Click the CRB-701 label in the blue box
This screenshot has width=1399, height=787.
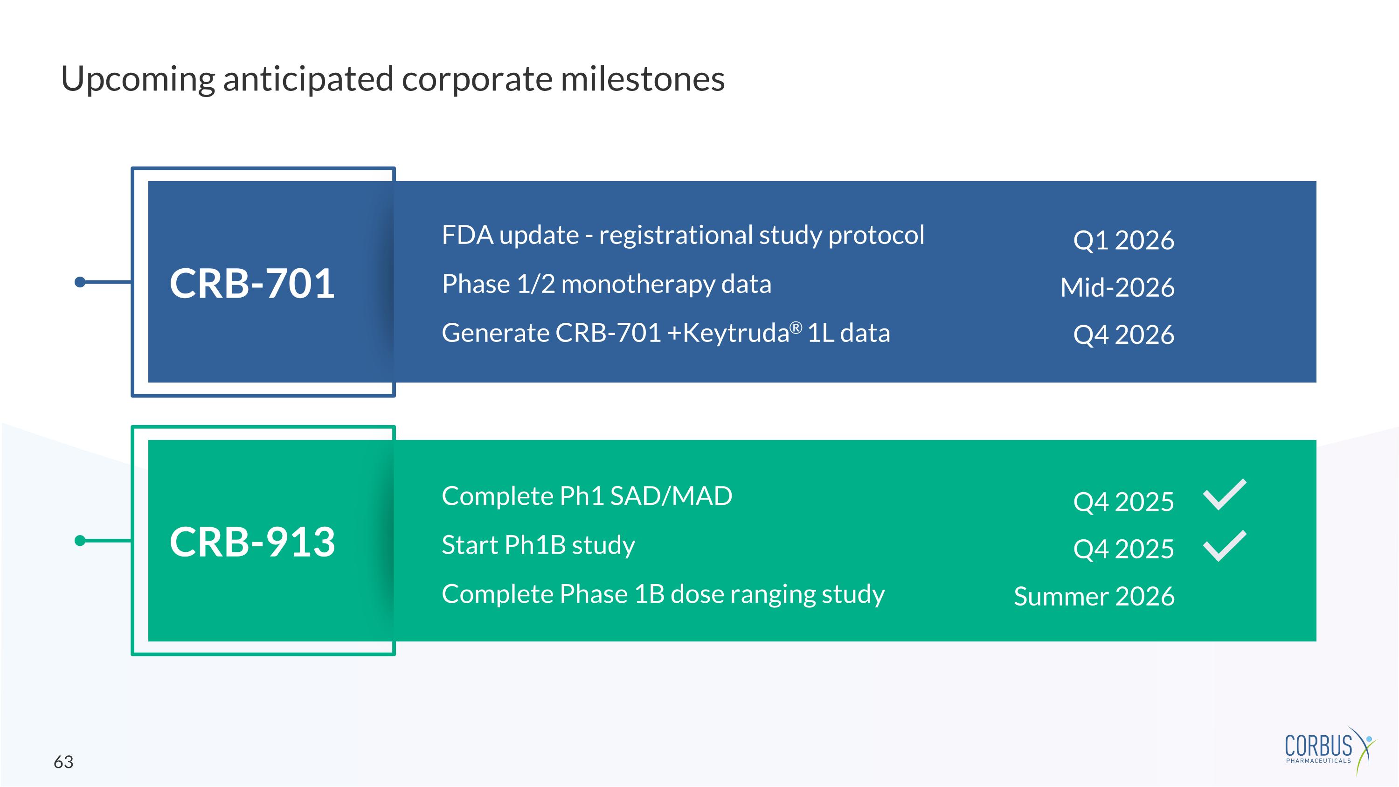pyautogui.click(x=252, y=283)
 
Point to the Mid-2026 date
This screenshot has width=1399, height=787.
pyautogui.click(x=1117, y=287)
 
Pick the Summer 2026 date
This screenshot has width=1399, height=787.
pyautogui.click(x=1094, y=596)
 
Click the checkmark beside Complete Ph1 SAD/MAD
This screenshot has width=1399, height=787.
pyautogui.click(x=1225, y=495)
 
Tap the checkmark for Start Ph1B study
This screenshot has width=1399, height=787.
pyautogui.click(x=1225, y=546)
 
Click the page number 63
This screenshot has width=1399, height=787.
pyautogui.click(x=63, y=762)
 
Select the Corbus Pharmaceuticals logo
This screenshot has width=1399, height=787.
pyautogui.click(x=1330, y=751)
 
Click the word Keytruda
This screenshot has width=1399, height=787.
pyautogui.click(x=735, y=334)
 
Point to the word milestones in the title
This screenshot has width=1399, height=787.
pyautogui.click(x=643, y=79)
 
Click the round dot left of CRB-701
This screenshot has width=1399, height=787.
pyautogui.click(x=80, y=282)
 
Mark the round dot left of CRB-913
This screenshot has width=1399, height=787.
pyautogui.click(x=80, y=540)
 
